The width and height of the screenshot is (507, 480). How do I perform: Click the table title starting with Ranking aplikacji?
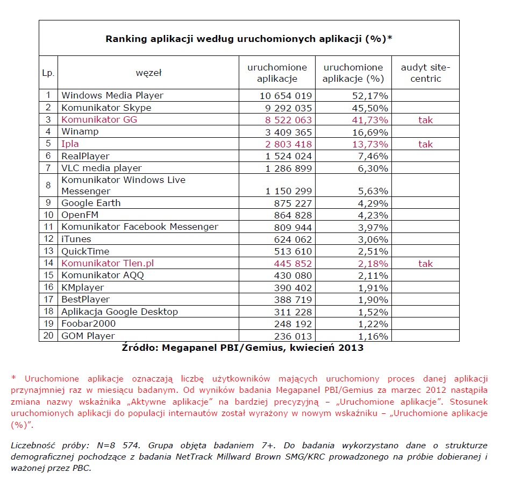[248, 39]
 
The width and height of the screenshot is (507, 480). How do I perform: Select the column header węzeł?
[149, 73]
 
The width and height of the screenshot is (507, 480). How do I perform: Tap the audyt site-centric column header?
[425, 73]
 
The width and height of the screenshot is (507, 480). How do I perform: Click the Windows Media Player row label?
[112, 95]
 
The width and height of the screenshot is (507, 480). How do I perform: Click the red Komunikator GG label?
[99, 119]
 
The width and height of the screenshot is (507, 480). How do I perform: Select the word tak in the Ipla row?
[425, 144]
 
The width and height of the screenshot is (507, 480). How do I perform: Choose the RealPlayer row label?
[85, 156]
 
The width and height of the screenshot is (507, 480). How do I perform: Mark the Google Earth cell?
[91, 203]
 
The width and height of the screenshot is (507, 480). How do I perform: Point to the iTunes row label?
[76, 239]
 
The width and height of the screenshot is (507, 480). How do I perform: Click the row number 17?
[48, 299]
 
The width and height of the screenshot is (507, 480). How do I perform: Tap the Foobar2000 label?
[89, 323]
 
